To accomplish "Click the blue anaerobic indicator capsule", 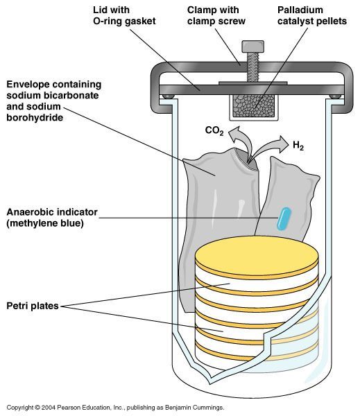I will click(282, 218).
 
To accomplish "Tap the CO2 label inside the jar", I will click(214, 130).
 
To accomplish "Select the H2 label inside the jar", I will click(299, 146).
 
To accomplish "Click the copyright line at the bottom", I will click(114, 408).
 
